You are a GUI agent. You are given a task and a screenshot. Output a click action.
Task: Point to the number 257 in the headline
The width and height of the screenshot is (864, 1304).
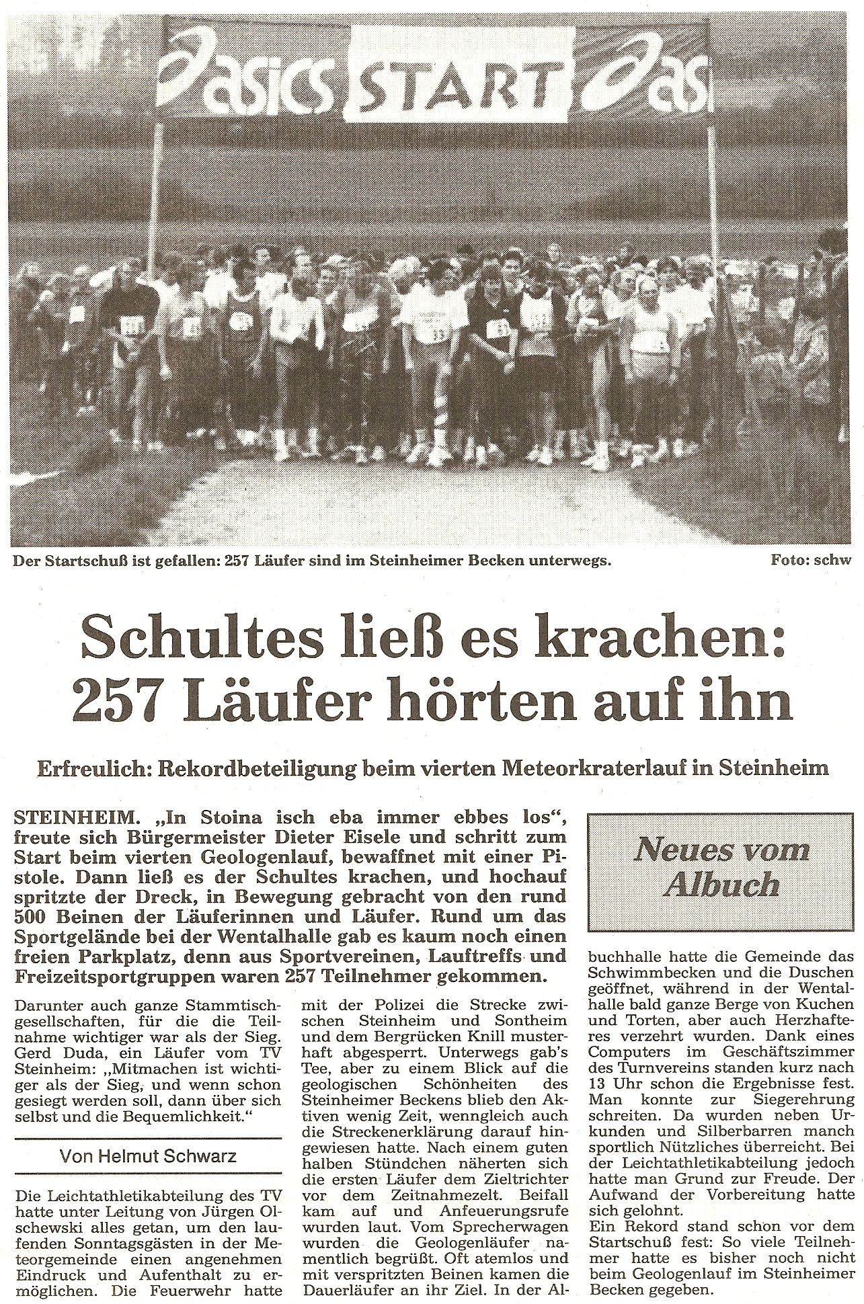point(112,701)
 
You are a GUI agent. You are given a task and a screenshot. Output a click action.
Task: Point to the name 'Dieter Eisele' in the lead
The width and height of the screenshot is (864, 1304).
point(376,838)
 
